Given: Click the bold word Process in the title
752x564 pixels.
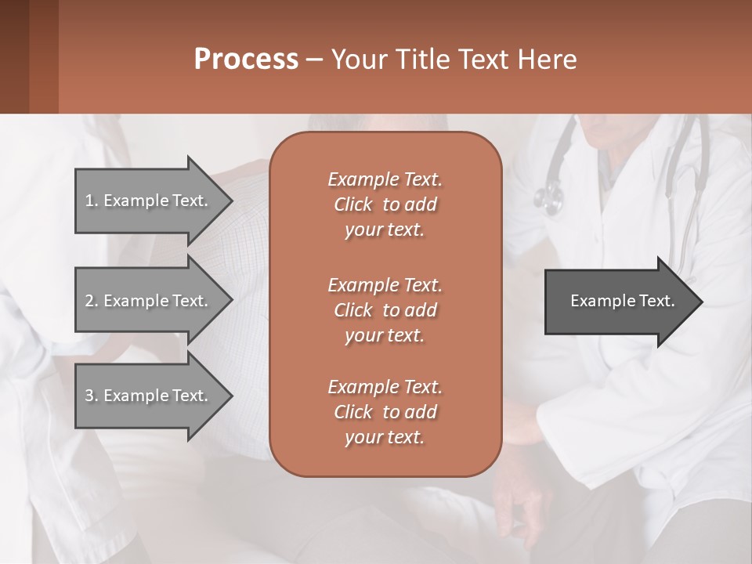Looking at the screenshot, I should click(246, 59).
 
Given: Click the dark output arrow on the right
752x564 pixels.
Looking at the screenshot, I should click(619, 301).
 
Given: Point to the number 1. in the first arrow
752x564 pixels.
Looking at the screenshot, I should click(91, 201).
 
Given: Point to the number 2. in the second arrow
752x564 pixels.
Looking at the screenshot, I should click(91, 301).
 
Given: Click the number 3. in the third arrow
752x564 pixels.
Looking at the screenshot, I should click(91, 396).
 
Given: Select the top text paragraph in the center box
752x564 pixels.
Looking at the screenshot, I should click(385, 204).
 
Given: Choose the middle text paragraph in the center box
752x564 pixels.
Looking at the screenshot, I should click(385, 309).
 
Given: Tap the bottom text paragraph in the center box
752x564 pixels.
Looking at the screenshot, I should click(385, 412).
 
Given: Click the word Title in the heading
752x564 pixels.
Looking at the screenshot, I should click(423, 59).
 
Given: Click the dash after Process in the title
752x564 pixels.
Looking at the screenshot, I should click(315, 60).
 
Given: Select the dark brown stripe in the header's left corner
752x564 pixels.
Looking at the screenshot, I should click(14, 56).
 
